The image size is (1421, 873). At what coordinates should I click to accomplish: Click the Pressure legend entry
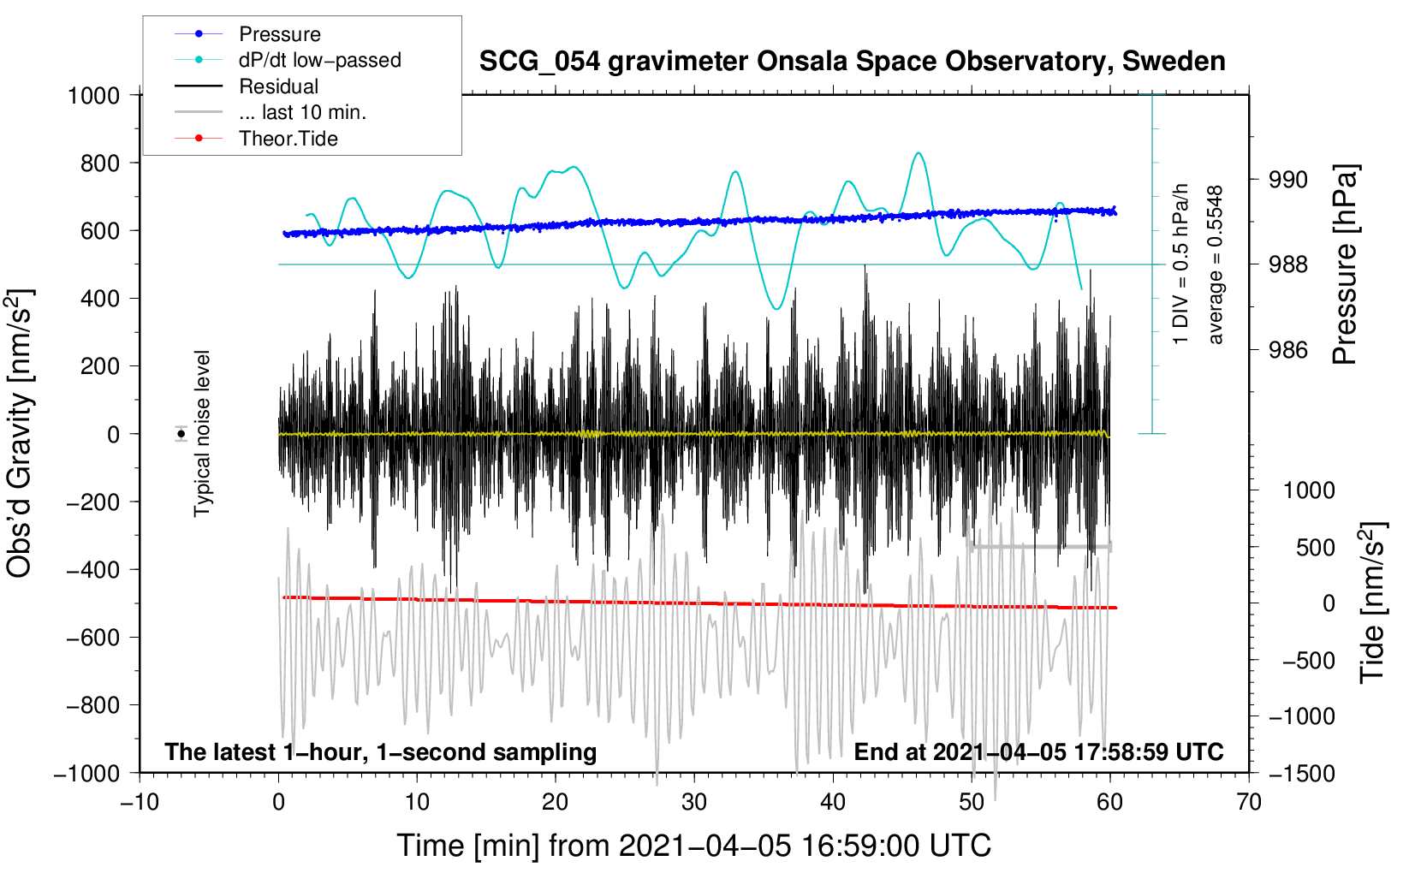coord(279,34)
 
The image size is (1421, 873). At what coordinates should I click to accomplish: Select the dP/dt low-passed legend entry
coord(319,60)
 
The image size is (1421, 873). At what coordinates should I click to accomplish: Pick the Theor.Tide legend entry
coord(288,139)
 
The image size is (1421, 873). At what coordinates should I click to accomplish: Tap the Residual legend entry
coord(278,86)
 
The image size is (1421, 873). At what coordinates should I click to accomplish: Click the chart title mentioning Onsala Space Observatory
coord(852,62)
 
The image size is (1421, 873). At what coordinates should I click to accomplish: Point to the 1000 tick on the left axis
coord(93,95)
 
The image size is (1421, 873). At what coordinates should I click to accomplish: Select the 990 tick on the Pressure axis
coord(1288,180)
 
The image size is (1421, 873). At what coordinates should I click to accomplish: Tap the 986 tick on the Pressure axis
coord(1288,349)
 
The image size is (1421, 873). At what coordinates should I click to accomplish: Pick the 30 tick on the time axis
coord(694,802)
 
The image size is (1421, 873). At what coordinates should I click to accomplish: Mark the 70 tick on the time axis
coord(1249,802)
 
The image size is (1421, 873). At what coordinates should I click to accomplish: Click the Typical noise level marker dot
coord(181,434)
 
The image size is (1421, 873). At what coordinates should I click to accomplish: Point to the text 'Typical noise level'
coord(202,433)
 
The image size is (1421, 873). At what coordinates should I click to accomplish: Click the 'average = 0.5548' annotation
coord(1216,265)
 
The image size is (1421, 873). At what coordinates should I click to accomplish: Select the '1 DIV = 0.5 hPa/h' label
coord(1181,264)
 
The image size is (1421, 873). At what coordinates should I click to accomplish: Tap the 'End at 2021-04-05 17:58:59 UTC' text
coord(1038,751)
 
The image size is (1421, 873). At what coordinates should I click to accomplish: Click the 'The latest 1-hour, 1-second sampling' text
coord(381,751)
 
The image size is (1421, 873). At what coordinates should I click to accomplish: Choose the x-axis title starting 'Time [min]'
coord(694,846)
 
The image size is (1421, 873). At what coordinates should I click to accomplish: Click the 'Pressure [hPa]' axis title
coord(1345,265)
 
